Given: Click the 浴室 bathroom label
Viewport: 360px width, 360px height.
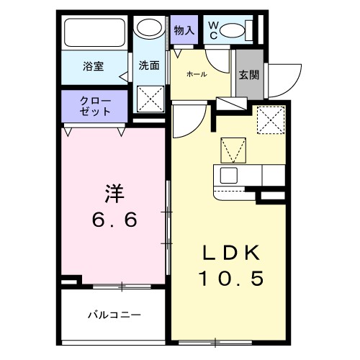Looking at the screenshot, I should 94,67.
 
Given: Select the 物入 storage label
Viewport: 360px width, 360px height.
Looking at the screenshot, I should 184,31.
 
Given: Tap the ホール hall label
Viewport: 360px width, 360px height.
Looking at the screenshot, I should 197,74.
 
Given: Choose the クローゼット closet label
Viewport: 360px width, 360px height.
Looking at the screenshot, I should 95,107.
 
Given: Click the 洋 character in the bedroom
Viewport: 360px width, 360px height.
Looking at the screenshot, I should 114,194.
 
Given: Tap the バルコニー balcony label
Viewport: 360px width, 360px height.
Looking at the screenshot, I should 114,315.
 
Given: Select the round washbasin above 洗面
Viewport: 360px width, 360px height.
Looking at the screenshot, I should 150,30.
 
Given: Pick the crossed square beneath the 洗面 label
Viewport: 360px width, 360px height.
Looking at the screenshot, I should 151,99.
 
